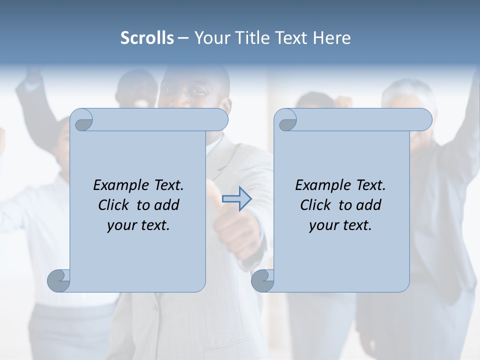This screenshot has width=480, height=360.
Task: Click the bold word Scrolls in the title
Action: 147,38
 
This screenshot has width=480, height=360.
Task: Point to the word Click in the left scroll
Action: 115,205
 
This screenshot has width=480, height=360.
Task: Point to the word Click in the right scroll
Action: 317,205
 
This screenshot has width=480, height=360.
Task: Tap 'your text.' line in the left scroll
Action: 138,225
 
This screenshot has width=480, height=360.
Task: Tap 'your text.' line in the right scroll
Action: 340,225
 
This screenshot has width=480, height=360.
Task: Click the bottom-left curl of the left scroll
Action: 59,280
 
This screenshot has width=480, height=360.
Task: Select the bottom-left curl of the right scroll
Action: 262,280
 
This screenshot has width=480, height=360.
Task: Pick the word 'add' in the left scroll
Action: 166,205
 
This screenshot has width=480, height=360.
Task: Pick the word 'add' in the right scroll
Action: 368,205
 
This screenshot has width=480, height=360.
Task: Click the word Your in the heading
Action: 210,38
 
